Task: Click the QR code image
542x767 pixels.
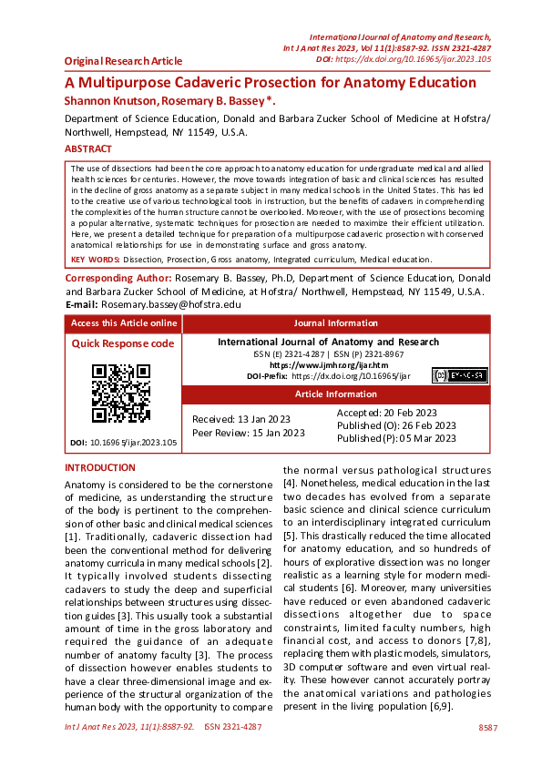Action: [x=121, y=393]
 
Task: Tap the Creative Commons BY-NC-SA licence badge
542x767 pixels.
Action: [x=460, y=375]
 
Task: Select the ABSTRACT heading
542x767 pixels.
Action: [x=88, y=148]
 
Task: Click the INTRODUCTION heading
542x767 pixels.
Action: [x=100, y=467]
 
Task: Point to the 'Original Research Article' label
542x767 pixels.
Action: [x=123, y=61]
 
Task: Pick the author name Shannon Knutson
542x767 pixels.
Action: [x=107, y=100]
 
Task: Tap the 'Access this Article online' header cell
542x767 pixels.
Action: [x=124, y=323]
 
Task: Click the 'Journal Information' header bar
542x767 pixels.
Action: [x=336, y=323]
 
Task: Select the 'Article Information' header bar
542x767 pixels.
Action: [x=336, y=394]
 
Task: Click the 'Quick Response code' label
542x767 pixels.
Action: [x=123, y=343]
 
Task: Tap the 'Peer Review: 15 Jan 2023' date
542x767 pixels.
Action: [x=248, y=433]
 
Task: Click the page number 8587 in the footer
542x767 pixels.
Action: [x=487, y=728]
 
